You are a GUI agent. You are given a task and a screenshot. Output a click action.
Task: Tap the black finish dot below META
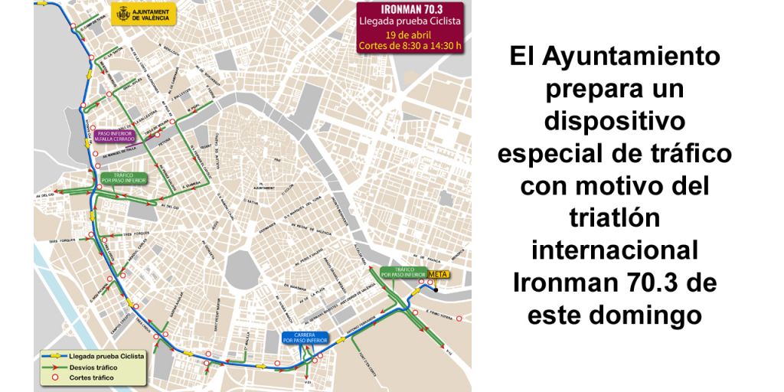point(433,289)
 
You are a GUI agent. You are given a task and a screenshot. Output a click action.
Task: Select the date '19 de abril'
point(411,34)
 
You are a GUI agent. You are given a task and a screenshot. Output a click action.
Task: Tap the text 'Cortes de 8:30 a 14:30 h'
point(411,45)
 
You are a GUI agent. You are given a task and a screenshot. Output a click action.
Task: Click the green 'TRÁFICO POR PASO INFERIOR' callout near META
point(403,273)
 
